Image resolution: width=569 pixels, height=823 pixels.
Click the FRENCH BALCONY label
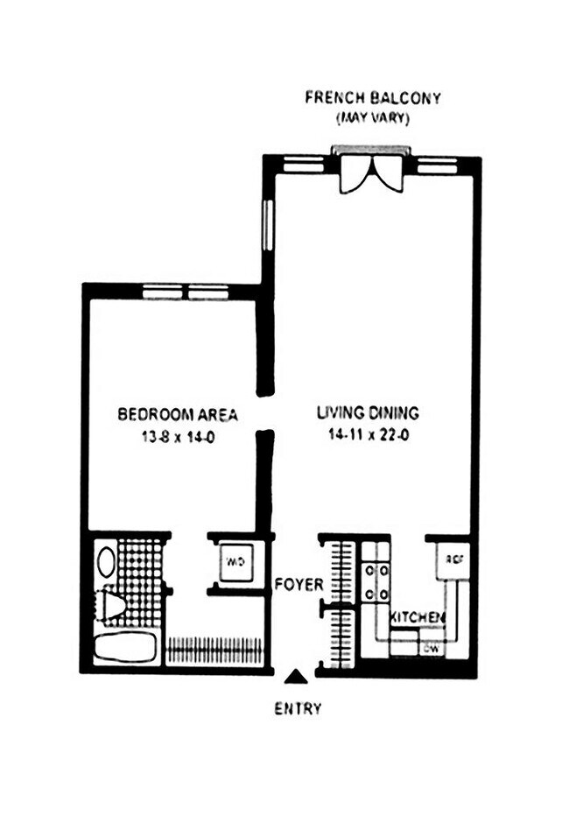pos(372,97)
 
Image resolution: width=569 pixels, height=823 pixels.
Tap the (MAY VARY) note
pos(372,118)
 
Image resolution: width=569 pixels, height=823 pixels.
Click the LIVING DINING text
pos(368,412)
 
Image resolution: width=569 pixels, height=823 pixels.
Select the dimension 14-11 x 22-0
pos(367,436)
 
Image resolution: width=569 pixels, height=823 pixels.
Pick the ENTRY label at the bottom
pos(298,708)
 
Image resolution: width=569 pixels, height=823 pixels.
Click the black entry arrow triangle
pos(298,676)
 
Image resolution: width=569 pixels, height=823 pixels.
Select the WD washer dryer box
pos(234,560)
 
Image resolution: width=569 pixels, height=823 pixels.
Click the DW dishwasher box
pos(431,649)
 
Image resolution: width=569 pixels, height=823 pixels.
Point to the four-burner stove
pos(376,581)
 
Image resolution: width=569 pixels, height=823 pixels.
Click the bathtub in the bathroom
pos(124,649)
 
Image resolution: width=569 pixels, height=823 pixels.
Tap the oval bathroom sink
pos(106,561)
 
